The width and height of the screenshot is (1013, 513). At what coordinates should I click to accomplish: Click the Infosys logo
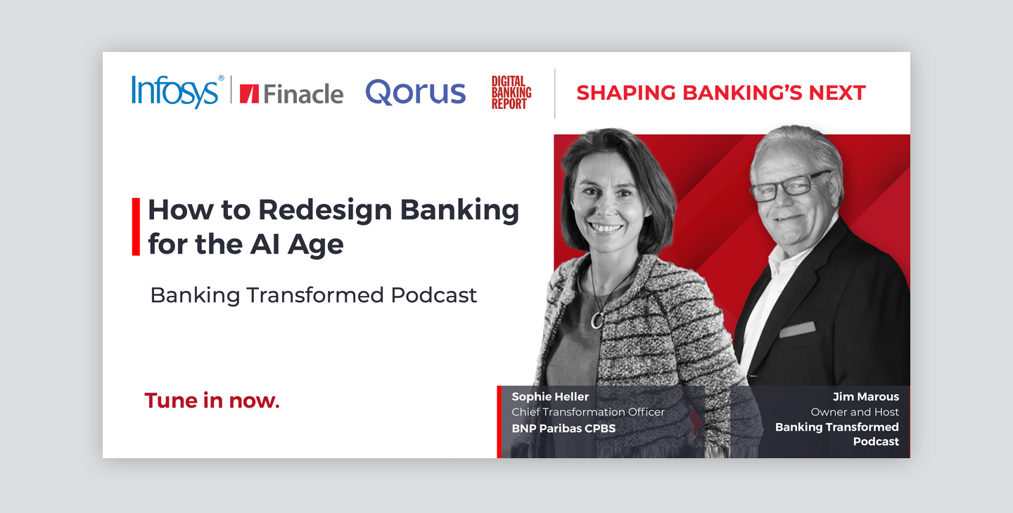click(177, 91)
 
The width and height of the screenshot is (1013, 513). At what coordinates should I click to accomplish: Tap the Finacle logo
click(291, 94)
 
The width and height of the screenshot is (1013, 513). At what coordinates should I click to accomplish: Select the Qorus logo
click(415, 92)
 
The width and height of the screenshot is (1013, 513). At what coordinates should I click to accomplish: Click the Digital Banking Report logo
click(511, 93)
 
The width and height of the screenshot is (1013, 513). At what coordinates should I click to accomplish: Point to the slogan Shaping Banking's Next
click(721, 93)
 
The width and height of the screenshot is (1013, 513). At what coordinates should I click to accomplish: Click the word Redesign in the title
click(325, 211)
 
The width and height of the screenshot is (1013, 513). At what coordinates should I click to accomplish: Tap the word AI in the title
click(265, 245)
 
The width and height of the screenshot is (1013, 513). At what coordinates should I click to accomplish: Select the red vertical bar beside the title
click(136, 227)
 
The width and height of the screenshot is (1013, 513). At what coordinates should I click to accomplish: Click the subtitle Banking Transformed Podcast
click(314, 295)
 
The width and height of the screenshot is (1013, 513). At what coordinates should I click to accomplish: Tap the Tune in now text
click(212, 401)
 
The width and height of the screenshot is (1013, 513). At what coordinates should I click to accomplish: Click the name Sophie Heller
click(550, 396)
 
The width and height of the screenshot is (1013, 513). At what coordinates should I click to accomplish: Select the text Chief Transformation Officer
click(588, 412)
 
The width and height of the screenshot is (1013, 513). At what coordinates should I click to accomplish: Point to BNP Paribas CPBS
click(563, 428)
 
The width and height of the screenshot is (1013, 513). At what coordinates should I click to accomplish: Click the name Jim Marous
click(865, 396)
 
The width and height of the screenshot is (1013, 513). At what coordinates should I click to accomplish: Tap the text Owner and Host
click(855, 412)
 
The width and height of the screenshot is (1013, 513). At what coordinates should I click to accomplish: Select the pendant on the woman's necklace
click(597, 320)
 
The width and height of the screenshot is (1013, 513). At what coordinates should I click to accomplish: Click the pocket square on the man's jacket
click(797, 329)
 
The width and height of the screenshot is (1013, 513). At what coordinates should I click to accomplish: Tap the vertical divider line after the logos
click(555, 93)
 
